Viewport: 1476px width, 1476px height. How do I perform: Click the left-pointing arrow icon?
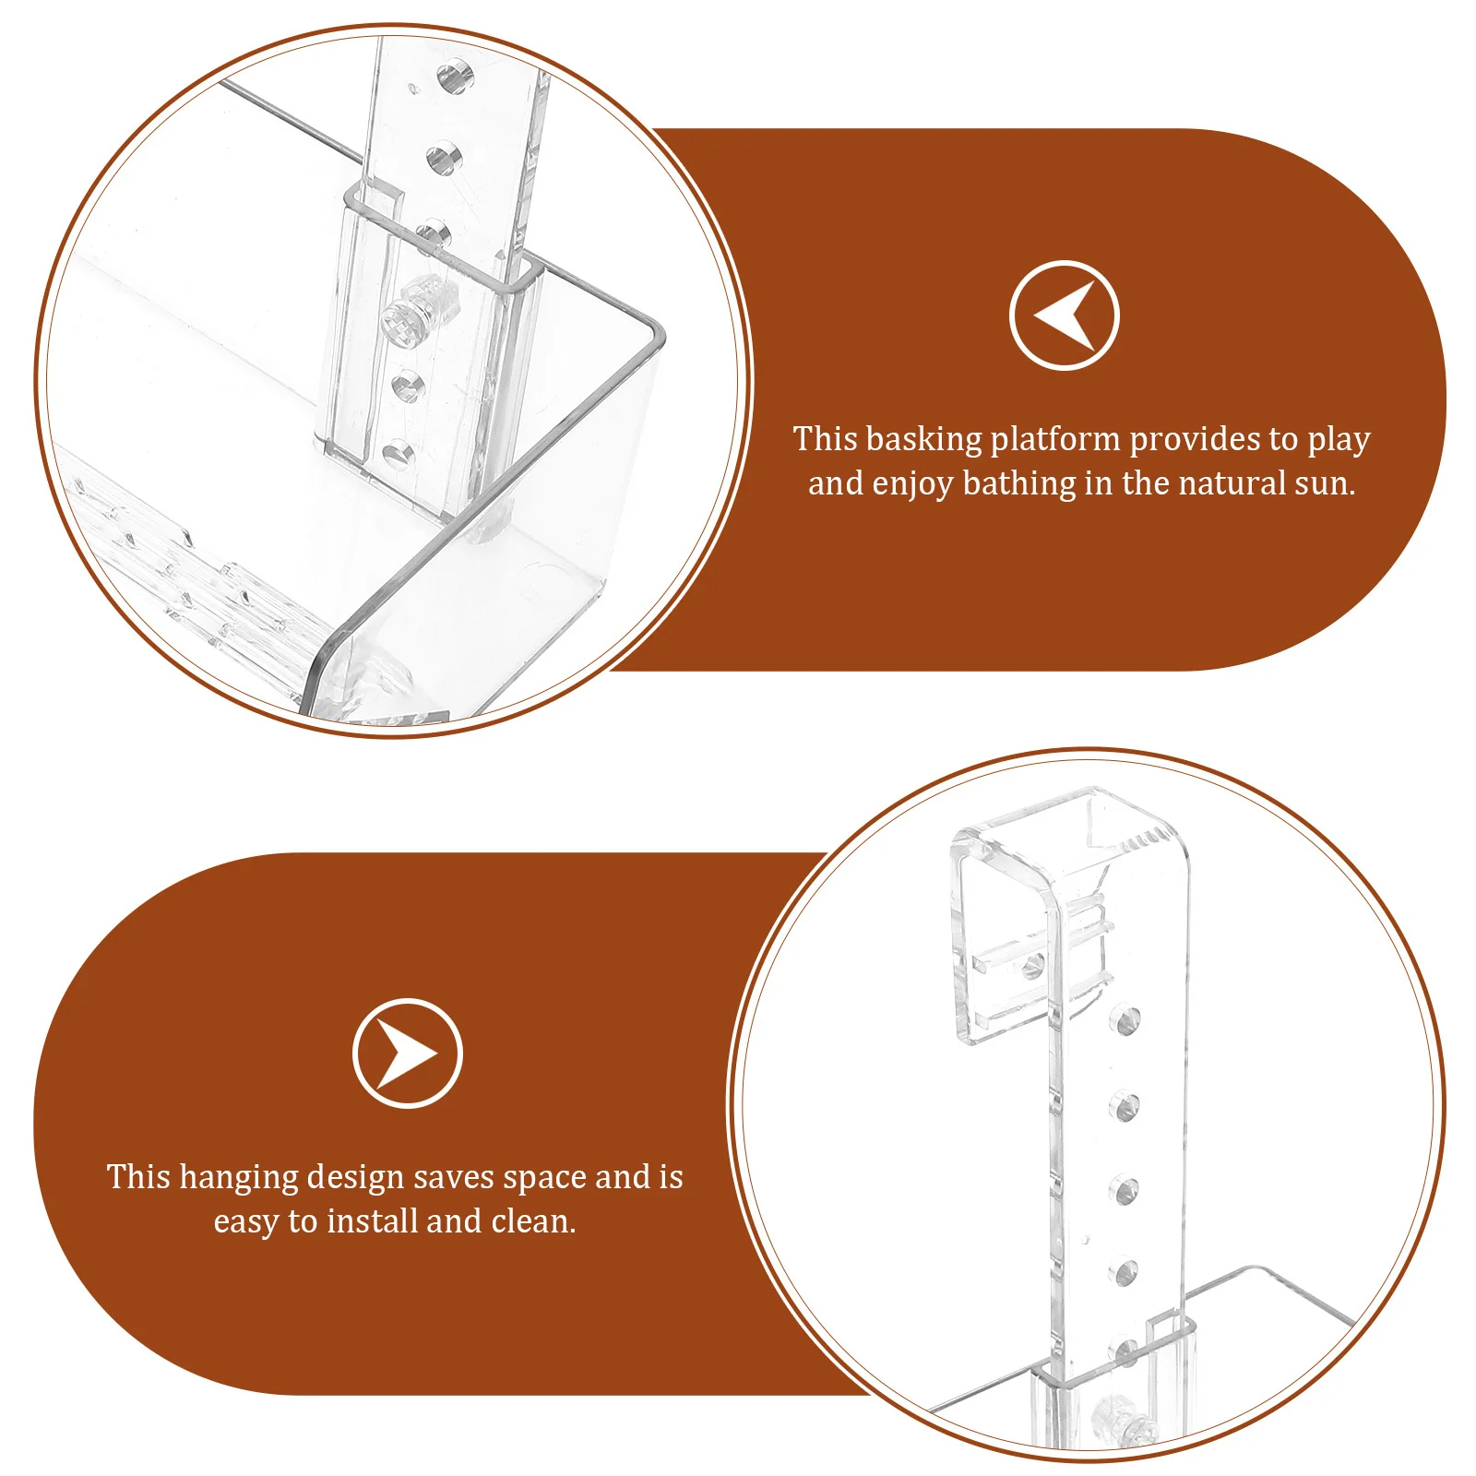1064,315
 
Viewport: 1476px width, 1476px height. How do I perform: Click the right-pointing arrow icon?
407,1053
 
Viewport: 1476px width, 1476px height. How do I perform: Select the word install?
373,1222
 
